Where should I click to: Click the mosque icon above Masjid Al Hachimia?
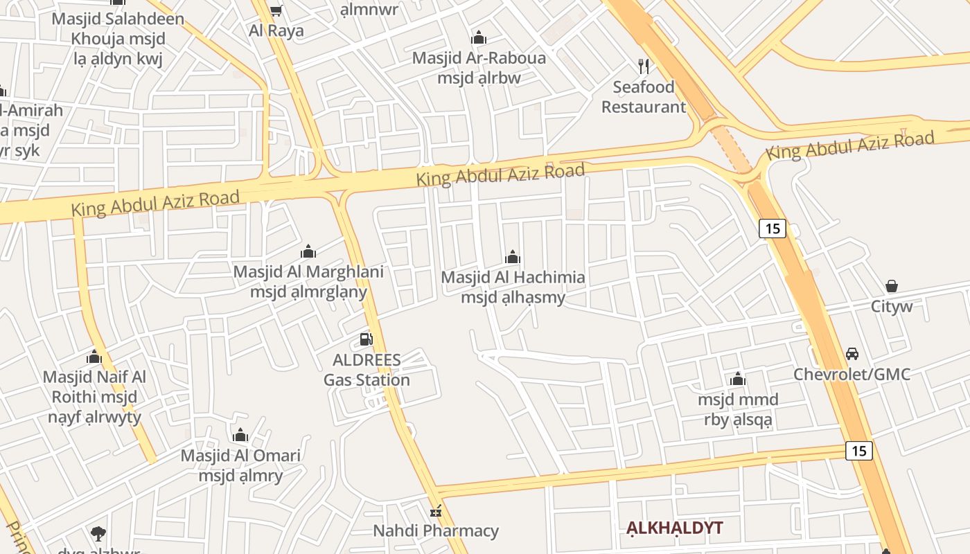coord(513,258)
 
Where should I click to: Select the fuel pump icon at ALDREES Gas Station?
coord(367,339)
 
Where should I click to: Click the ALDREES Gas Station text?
coord(367,370)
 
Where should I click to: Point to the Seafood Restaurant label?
coord(644,97)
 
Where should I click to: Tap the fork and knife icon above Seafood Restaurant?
coord(644,66)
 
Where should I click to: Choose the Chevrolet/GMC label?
coord(852,375)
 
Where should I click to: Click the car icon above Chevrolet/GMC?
coord(852,354)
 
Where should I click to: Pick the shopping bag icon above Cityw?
coord(892,286)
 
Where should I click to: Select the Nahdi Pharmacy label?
coord(436,531)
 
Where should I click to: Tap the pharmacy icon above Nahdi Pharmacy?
coord(436,512)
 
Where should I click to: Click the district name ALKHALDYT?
coord(674,528)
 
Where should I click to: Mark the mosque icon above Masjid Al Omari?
coord(240,435)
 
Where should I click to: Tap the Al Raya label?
coord(276,31)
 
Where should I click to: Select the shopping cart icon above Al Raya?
coord(276,11)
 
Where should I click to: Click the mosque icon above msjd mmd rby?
coord(738,379)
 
